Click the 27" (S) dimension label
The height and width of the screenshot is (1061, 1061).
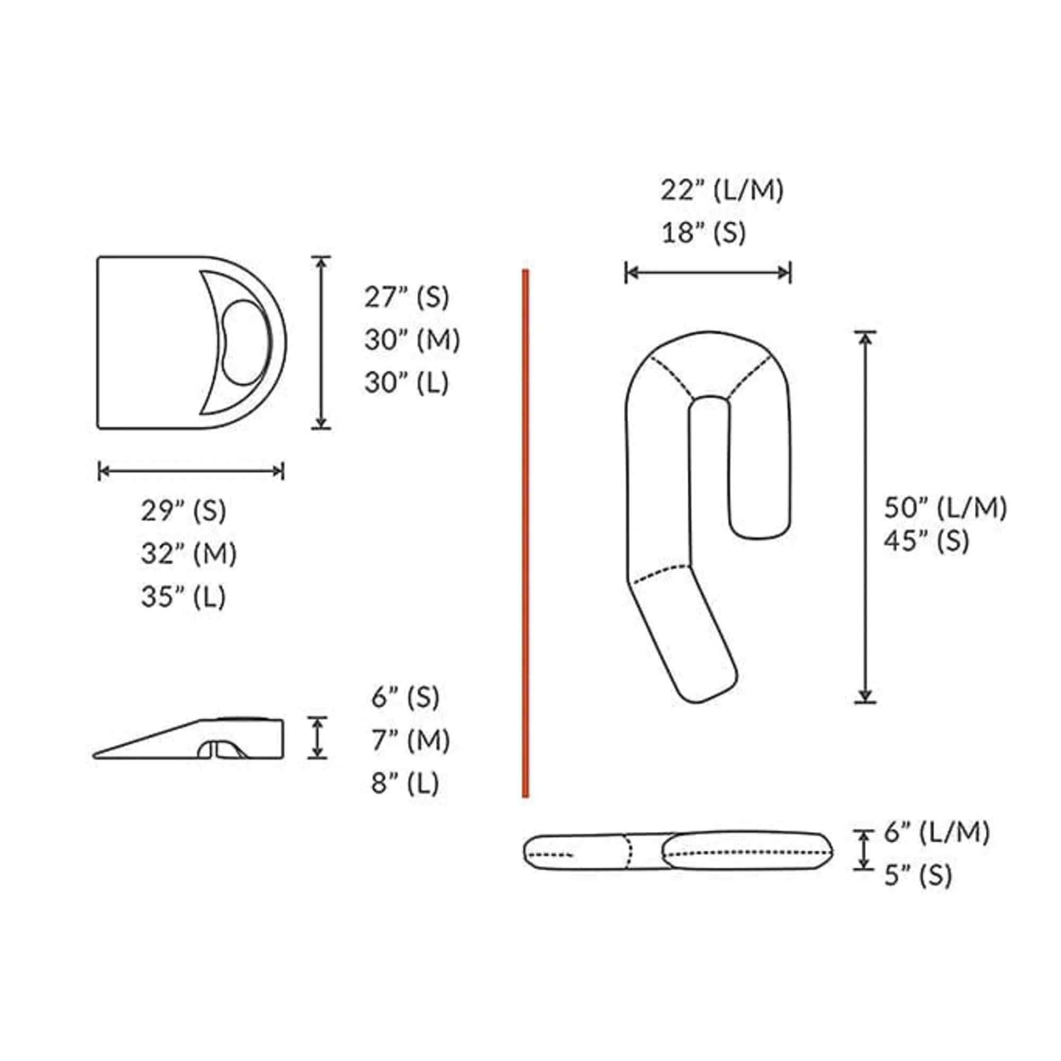click(x=406, y=298)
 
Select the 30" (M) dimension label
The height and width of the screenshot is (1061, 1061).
click(x=412, y=341)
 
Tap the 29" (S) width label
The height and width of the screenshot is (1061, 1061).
click(x=184, y=511)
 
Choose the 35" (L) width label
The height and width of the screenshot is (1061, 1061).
click(x=184, y=597)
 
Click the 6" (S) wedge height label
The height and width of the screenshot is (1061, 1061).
click(x=405, y=698)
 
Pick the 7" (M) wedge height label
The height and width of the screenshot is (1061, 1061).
click(x=411, y=741)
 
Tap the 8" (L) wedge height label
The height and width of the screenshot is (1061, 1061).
click(x=405, y=784)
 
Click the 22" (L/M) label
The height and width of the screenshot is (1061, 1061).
click(x=721, y=190)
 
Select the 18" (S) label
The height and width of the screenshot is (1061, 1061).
click(x=703, y=233)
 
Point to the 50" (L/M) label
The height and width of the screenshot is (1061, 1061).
click(x=945, y=508)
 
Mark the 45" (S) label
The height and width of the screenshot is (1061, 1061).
click(x=926, y=541)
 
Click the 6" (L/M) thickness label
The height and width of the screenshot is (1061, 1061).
click(x=936, y=832)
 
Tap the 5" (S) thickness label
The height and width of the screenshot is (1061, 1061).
click(x=918, y=875)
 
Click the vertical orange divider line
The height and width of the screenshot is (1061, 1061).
click(x=526, y=533)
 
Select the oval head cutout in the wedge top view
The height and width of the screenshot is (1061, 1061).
click(x=245, y=343)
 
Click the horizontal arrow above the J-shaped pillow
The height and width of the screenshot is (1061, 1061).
click(x=708, y=272)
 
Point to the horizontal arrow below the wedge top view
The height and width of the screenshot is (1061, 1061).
click(x=190, y=471)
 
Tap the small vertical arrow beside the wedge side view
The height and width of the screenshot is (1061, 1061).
click(x=317, y=737)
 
